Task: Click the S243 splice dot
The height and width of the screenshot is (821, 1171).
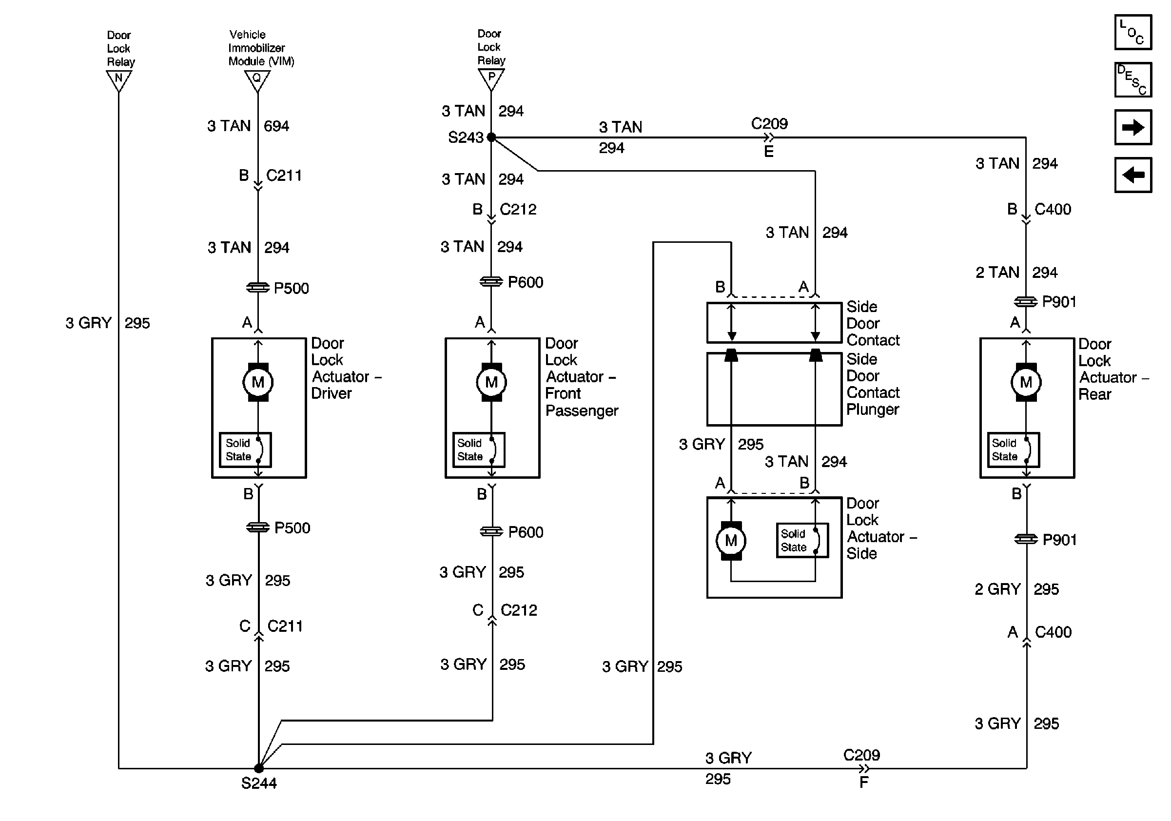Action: (491, 137)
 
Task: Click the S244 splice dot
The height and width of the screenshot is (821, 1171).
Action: (258, 768)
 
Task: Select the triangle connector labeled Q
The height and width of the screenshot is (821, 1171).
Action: (257, 79)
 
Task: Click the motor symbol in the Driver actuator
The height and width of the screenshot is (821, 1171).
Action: (258, 382)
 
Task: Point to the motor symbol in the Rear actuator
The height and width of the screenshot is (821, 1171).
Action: (1026, 382)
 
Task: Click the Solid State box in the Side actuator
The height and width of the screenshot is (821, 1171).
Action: (802, 541)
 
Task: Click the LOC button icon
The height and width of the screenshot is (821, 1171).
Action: (1133, 32)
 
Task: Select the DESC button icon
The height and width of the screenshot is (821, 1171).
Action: (1133, 79)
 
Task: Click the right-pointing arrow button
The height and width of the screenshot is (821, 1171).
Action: (1133, 127)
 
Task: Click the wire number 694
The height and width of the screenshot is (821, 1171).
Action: (276, 126)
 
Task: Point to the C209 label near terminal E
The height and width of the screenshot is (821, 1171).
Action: (769, 124)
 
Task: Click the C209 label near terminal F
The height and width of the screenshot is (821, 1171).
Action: (861, 755)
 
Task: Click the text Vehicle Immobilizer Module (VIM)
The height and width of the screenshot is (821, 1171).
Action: (261, 48)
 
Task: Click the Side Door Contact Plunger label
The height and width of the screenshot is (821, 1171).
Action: (873, 384)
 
